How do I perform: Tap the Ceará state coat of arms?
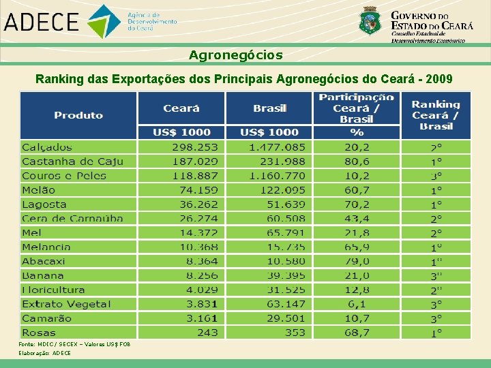pos(371,20)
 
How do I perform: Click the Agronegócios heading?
pos(235,55)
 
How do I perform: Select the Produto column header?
pos(78,115)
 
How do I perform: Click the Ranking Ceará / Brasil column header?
pos(436,115)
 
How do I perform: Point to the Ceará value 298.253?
pos(195,147)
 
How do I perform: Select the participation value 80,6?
pos(357,162)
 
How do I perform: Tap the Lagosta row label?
pos(44,204)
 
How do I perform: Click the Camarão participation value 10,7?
pos(357,318)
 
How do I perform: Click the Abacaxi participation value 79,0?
pos(357,261)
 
